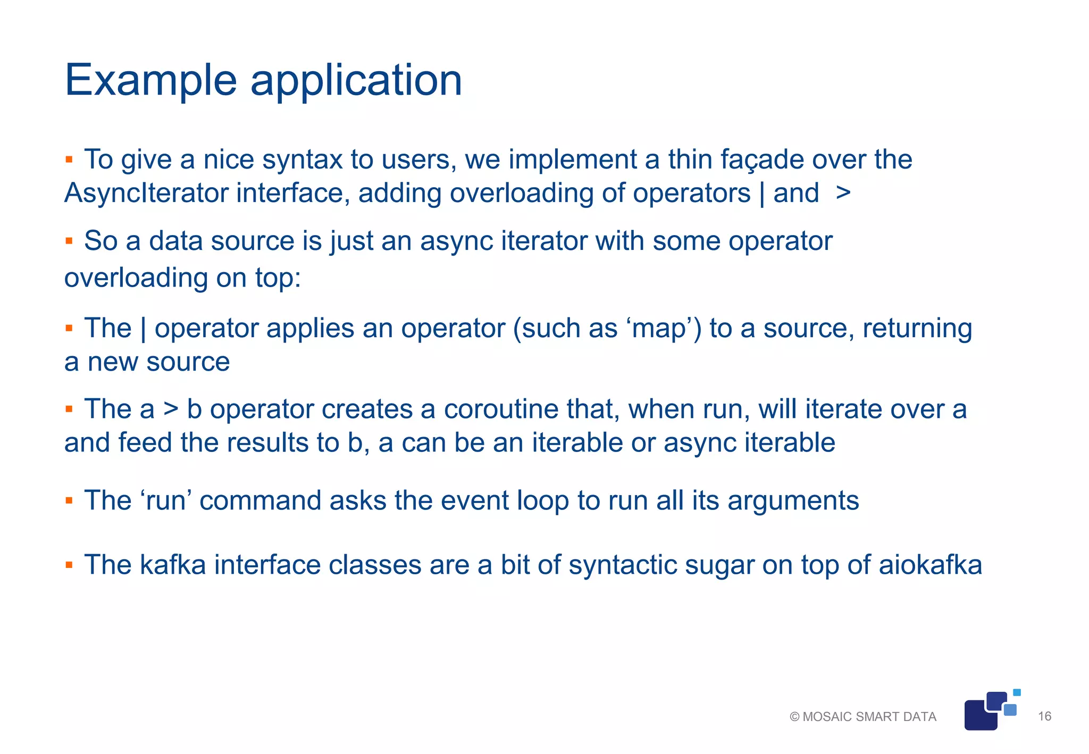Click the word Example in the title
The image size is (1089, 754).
point(150,80)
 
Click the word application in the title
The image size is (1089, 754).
point(356,81)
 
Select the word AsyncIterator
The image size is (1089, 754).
point(146,194)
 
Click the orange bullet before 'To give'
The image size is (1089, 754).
point(69,159)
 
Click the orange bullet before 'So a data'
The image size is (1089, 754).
point(69,241)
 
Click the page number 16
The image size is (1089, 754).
point(1044,716)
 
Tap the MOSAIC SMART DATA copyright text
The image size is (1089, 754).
point(862,717)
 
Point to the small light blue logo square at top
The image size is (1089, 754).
point(1017,692)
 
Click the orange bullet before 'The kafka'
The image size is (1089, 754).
point(69,564)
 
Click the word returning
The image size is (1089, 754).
point(917,329)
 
